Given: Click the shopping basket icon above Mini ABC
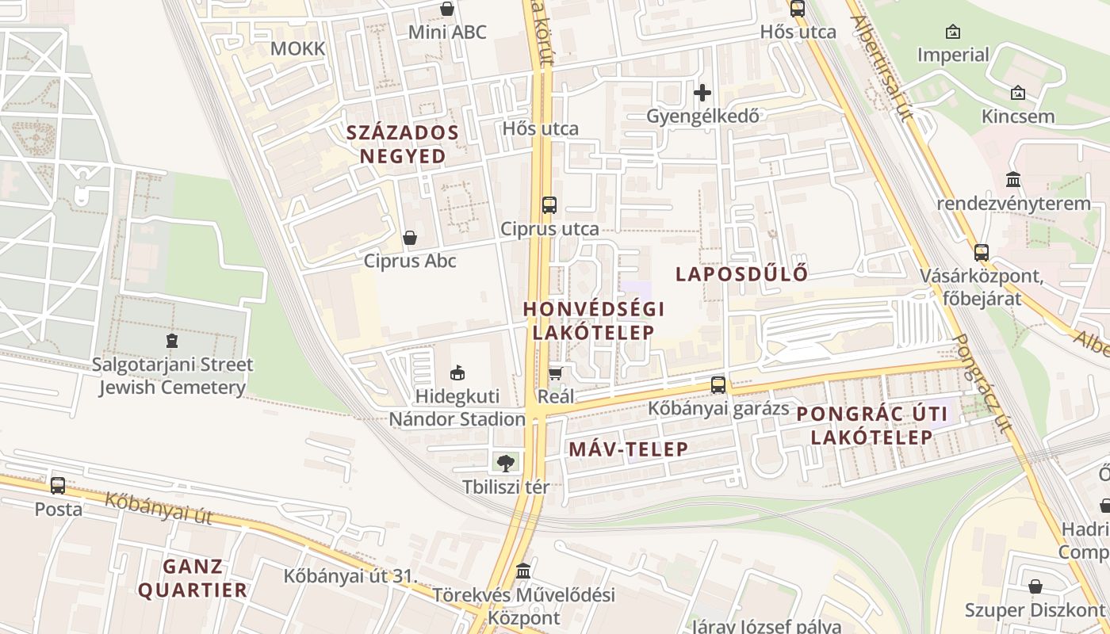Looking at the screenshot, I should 447,10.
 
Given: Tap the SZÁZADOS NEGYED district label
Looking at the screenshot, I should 403,144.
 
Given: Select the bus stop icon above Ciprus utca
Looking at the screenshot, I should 549,205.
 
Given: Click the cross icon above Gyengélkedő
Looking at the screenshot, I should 702,93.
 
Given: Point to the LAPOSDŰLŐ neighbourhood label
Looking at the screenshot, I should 741,274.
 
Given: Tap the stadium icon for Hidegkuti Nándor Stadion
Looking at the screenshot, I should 457,372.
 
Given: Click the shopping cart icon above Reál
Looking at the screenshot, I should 556,372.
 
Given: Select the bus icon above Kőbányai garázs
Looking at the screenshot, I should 718,385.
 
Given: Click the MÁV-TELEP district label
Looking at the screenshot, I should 629,449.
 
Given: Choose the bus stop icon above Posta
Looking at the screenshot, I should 58,485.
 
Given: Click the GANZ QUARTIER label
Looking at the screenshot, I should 193,579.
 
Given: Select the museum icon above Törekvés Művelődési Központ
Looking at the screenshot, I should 523,571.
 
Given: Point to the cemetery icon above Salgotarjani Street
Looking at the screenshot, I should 172,342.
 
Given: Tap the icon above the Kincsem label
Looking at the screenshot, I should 1018,94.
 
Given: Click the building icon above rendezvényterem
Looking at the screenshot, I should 1013,180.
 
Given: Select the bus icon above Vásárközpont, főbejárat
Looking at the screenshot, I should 982,253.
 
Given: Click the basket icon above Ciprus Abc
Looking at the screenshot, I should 410,238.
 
